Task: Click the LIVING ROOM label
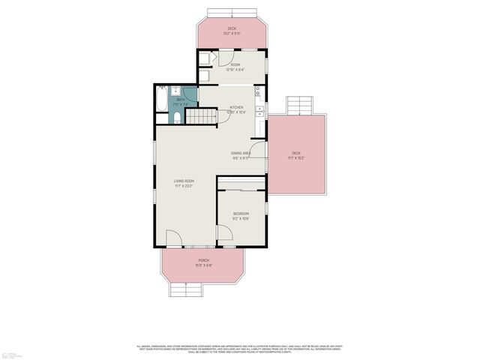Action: [x=184, y=181]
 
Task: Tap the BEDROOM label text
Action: [x=240, y=214]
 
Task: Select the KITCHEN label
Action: [x=236, y=108]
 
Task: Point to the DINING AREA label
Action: [x=241, y=153]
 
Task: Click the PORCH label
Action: [x=203, y=260]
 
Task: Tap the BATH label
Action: [x=180, y=99]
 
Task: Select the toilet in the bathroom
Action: [x=177, y=117]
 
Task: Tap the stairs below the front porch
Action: [x=186, y=289]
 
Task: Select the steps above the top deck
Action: [x=232, y=13]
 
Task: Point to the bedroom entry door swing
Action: [x=224, y=235]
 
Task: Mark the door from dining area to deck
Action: [x=257, y=150]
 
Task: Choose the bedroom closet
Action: [x=241, y=182]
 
